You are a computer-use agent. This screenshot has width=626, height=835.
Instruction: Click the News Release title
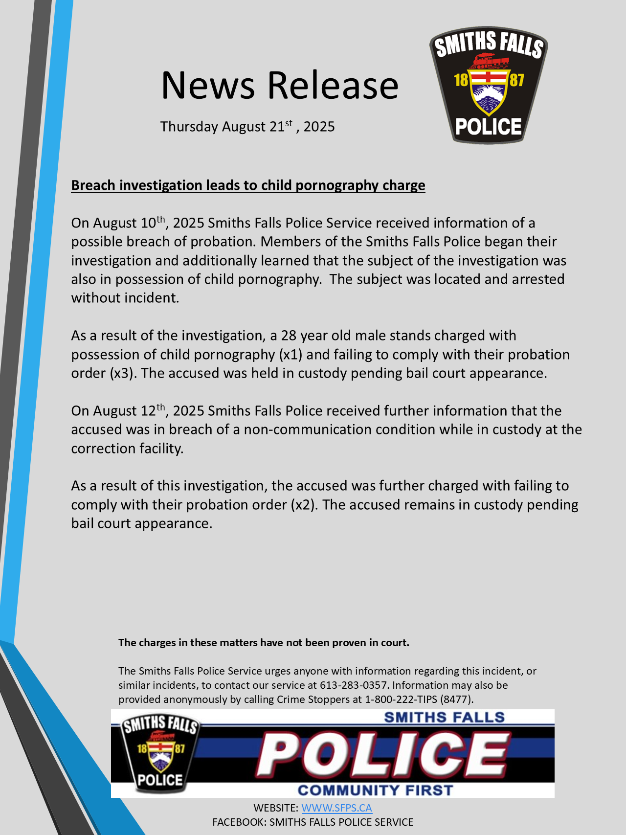click(280, 85)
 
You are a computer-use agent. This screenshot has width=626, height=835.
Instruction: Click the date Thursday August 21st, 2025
click(247, 126)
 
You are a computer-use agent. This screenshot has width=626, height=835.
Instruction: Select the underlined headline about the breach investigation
click(248, 185)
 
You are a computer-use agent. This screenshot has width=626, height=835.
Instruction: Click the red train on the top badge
click(489, 61)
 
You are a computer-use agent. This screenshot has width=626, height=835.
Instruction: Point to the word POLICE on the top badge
click(488, 127)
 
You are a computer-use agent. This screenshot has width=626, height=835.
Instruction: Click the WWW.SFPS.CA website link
click(336, 808)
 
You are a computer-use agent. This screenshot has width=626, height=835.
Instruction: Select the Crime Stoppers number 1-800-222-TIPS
click(401, 699)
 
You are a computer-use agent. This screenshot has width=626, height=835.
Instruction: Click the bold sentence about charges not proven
click(264, 643)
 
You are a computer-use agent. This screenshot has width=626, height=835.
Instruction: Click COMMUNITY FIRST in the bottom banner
click(375, 790)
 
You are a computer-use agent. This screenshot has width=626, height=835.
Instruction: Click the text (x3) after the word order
click(122, 373)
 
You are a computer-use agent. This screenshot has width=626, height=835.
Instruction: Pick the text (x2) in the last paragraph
click(304, 504)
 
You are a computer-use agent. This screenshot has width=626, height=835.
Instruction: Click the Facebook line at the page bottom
click(313, 822)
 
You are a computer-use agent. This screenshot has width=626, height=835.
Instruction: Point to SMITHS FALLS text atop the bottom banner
click(444, 718)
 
